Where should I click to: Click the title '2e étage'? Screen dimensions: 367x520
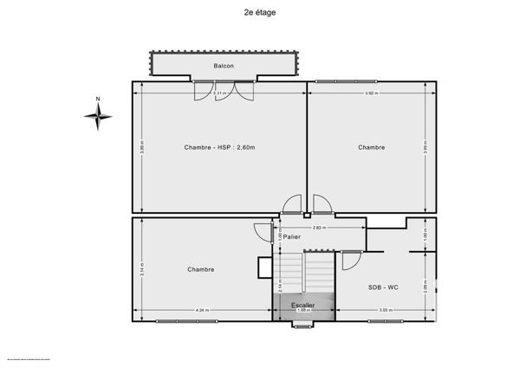point(260,12)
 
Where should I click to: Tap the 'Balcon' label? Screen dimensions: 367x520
point(224,66)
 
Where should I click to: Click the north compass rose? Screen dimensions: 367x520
point(98,118)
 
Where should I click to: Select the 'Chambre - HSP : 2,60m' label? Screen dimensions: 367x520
point(219,147)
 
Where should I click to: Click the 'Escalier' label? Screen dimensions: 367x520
point(303,305)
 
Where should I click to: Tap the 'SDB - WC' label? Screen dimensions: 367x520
point(382,287)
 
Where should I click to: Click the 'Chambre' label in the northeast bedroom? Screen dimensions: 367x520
point(371,147)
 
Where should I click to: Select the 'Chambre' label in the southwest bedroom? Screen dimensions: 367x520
point(200,269)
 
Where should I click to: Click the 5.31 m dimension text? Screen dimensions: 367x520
point(220,93)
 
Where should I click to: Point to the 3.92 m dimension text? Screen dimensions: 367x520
point(370,93)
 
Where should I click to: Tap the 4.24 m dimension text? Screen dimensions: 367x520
point(202,311)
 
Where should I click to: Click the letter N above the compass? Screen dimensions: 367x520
point(98,100)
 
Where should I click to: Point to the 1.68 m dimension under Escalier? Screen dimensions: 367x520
point(303,312)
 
